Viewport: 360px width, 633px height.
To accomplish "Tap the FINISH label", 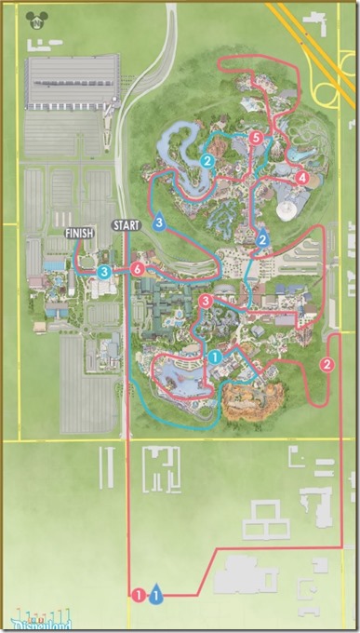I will coord(79,233).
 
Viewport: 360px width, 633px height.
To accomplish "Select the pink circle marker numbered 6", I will coord(138,269).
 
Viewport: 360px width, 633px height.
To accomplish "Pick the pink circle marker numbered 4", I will coord(300,177).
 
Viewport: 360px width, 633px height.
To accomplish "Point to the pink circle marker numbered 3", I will coord(206,300).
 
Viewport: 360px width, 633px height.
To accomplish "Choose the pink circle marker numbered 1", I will coord(139,592).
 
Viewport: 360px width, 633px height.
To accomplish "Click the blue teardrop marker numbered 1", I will coord(156,591).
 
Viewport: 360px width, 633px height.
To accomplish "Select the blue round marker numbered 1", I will coord(214,356).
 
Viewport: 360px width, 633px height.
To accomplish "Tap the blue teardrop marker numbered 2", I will coord(263,238).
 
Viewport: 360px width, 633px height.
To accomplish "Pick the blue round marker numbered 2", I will coord(207,160).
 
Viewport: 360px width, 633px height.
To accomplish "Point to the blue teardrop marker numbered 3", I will coord(160,222).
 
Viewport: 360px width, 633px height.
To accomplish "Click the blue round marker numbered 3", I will coord(104,271).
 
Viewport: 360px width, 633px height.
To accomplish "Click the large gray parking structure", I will coord(72,84).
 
